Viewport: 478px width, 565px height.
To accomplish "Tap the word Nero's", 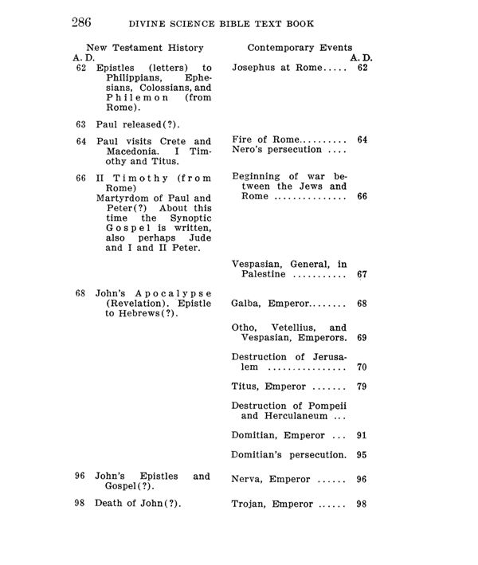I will point(248,150).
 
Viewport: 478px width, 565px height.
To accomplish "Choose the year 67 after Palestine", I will point(362,275).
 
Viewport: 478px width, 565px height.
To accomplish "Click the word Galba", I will point(247,304).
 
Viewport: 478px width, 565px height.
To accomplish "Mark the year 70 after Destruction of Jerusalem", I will point(362,367).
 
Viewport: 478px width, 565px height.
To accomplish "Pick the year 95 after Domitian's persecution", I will point(362,455).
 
